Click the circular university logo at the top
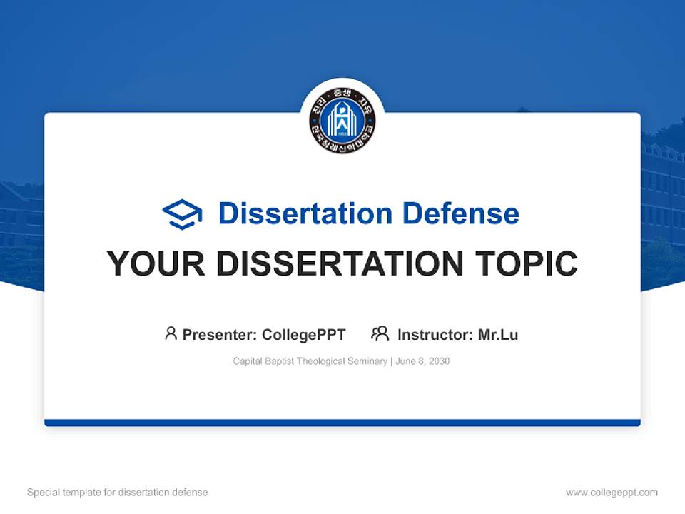coord(342,119)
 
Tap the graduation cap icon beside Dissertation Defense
coord(182,213)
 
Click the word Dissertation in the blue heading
coord(305,213)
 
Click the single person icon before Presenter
coord(171,333)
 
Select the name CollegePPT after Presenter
coord(304,334)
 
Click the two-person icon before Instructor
coord(380,333)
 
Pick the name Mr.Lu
coord(498,334)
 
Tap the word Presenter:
coord(220,334)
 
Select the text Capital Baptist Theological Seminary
coord(310,361)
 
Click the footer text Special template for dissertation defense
coord(117,493)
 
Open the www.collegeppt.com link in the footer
coord(612,493)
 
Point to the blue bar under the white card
coord(342,423)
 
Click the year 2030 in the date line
coord(439,361)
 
